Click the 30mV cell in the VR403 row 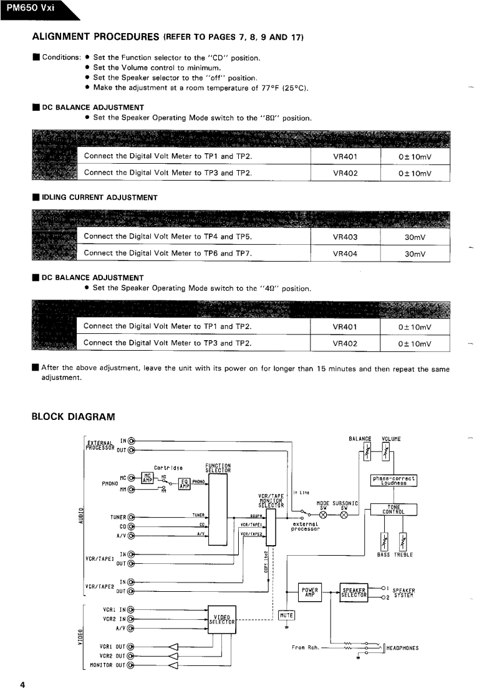415,237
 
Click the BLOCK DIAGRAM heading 74,416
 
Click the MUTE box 287,615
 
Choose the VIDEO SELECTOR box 221,619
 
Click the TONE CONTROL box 393,510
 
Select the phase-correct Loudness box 393,480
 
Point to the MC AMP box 147,477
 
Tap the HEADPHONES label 402,648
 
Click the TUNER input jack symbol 131,517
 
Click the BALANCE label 360,439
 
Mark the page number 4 22,685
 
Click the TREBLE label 403,554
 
